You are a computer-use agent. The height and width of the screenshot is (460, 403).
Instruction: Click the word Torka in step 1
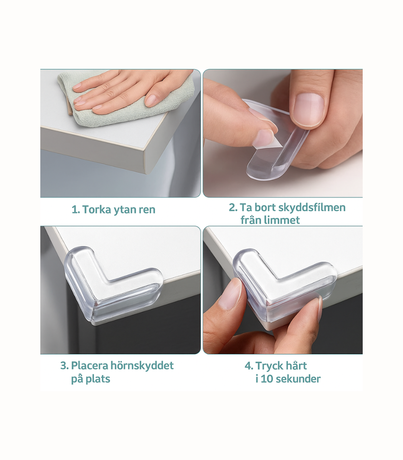coord(96,210)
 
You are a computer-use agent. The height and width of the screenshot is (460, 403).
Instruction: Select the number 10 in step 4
coord(267,379)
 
